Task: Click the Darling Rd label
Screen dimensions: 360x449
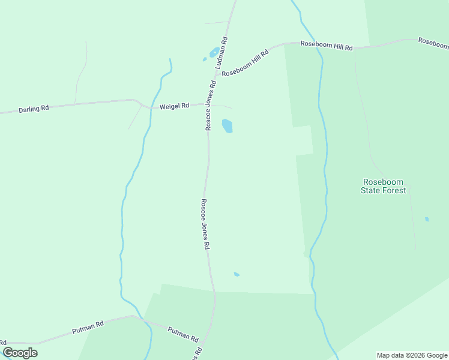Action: [x=34, y=109]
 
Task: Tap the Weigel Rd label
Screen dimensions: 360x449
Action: [x=175, y=106]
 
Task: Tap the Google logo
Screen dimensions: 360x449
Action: [x=20, y=353]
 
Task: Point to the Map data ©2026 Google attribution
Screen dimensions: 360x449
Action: [x=412, y=355]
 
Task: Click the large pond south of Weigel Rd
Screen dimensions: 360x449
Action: [x=228, y=126]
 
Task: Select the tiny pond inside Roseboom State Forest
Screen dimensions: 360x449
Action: [x=427, y=219]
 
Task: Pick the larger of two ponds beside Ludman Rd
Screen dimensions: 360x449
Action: [x=214, y=52]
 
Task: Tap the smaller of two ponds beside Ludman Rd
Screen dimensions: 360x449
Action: [x=205, y=59]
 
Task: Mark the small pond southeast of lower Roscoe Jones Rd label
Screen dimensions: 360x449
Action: [x=237, y=274]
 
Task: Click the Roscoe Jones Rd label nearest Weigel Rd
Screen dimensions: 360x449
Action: [x=210, y=106]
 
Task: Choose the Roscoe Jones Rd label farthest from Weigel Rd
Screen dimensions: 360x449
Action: [x=205, y=224]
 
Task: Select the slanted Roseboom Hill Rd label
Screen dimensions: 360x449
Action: [x=246, y=62]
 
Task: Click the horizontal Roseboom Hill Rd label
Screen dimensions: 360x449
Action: [x=327, y=44]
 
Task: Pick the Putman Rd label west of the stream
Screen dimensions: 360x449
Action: [x=88, y=327]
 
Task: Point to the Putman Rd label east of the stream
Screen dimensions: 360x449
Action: [x=182, y=334]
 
